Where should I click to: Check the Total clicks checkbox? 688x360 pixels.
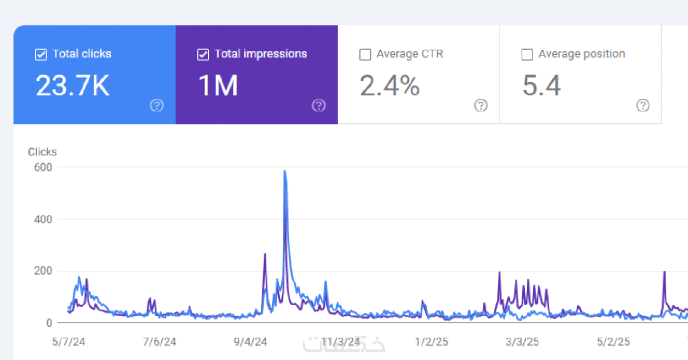click(x=41, y=55)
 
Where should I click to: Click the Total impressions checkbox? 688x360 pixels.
click(x=203, y=55)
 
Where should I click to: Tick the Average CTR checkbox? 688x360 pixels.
click(x=365, y=55)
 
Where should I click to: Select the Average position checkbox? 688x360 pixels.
click(x=527, y=55)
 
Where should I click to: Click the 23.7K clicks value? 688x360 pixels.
click(x=72, y=86)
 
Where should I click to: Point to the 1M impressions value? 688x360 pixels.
click(x=218, y=86)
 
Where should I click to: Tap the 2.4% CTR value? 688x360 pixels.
click(x=389, y=86)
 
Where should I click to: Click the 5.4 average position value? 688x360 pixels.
click(x=542, y=86)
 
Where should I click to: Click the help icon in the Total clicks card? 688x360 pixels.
click(x=157, y=106)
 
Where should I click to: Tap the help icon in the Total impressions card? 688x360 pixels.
click(x=319, y=106)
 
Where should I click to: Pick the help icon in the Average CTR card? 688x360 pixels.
click(x=481, y=106)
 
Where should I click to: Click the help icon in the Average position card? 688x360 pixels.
click(x=643, y=106)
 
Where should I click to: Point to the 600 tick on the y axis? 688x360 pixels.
click(x=43, y=167)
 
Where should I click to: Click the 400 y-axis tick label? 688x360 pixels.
click(x=43, y=219)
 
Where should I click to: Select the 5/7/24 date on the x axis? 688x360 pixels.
click(x=69, y=342)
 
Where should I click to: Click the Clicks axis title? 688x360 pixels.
click(x=43, y=152)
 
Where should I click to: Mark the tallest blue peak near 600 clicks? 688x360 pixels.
click(x=285, y=172)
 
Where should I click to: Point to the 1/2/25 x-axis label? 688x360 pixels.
click(x=432, y=342)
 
